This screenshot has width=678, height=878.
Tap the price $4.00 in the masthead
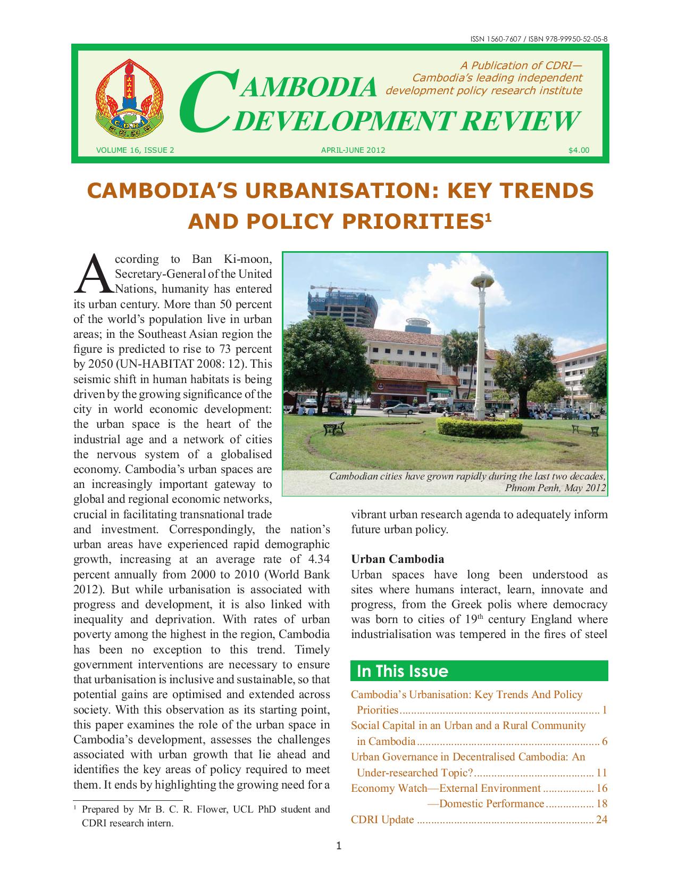pyautogui.click(x=579, y=151)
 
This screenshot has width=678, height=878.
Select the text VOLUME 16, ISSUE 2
pyautogui.click(x=135, y=151)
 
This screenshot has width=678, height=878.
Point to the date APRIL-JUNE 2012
pyautogui.click(x=353, y=151)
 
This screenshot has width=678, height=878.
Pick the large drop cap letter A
pyautogui.click(x=93, y=274)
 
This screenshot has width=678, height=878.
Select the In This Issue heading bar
pyautogui.click(x=479, y=671)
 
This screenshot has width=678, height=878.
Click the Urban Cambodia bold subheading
pyautogui.click(x=397, y=559)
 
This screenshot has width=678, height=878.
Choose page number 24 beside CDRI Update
pyautogui.click(x=601, y=819)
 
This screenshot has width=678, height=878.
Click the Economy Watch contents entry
pyautogui.click(x=446, y=788)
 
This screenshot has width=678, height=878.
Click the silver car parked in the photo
pyautogui.click(x=396, y=409)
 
